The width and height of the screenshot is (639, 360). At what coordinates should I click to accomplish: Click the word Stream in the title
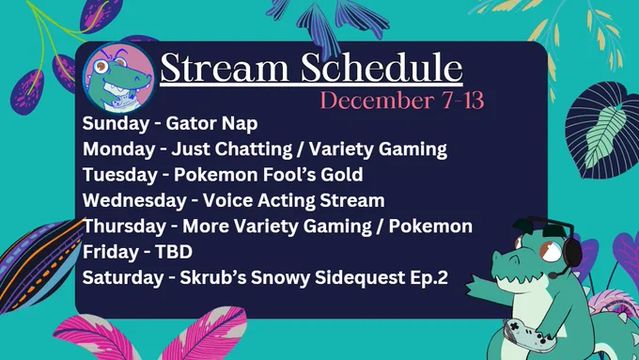(225, 68)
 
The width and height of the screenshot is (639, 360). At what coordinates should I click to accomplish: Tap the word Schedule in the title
(382, 68)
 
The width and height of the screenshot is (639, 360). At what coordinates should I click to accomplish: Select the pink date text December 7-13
(402, 101)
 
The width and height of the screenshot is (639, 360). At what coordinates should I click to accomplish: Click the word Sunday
(116, 124)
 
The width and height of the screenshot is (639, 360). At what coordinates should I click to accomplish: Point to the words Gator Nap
(212, 124)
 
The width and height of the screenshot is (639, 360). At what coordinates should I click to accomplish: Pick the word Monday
(119, 149)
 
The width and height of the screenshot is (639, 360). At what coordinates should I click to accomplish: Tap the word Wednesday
(134, 200)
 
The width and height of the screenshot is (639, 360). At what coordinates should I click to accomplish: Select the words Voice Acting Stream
(294, 200)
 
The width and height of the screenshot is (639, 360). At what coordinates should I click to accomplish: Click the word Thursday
(124, 226)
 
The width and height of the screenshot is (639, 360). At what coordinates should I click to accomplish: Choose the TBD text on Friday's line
(174, 252)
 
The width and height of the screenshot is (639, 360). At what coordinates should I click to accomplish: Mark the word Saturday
(123, 277)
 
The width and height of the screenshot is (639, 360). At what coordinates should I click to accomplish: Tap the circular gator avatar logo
(119, 77)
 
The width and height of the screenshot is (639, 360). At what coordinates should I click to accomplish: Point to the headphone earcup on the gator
(571, 249)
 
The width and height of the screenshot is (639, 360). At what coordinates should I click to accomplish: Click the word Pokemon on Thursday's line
(430, 226)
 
